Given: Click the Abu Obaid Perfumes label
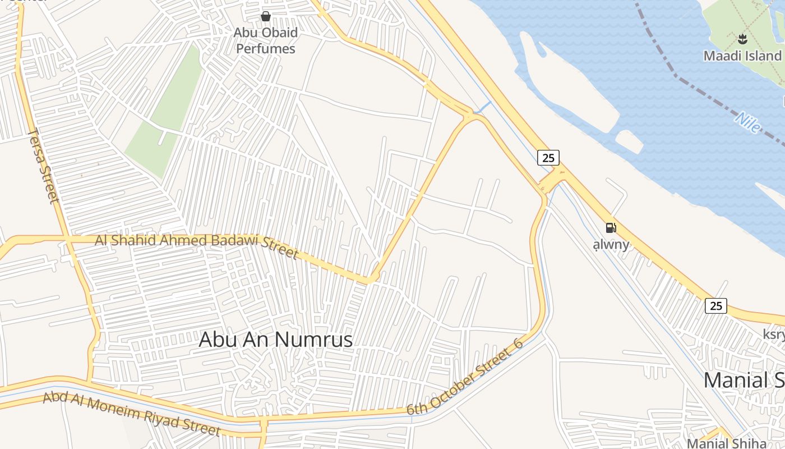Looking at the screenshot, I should (265, 40).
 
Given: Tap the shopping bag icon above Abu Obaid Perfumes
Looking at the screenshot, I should (266, 16).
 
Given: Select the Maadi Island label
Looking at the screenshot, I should (742, 56).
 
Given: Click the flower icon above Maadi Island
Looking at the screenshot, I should (743, 39).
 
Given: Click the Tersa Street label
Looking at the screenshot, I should (43, 165).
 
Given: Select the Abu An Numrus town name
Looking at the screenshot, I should (276, 339).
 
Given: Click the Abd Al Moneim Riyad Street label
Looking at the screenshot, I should (132, 414).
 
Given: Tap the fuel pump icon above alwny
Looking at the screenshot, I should (611, 228).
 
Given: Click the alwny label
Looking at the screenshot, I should (611, 245).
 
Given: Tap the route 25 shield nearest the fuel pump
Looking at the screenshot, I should (548, 158).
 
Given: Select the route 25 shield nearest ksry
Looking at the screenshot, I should (715, 306).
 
